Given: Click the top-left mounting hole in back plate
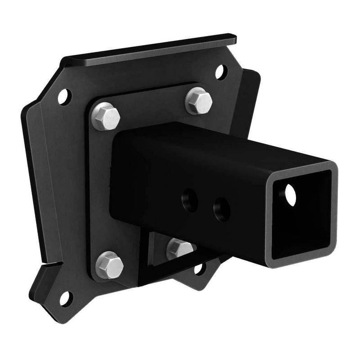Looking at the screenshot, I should [64, 96].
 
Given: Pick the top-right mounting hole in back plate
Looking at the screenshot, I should [220, 72].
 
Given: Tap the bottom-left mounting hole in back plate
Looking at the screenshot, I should [65, 297].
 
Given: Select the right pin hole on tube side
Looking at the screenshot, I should [222, 209].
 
